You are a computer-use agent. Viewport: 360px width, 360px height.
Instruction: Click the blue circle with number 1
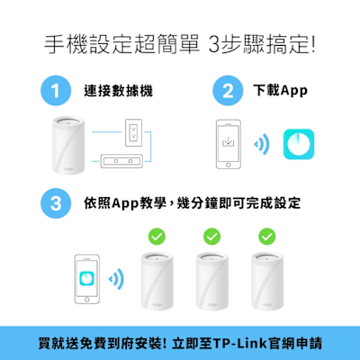tap(56, 91)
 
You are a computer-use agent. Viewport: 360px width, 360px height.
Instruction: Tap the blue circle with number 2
tap(228, 91)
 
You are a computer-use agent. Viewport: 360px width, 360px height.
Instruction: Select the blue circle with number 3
tap(56, 203)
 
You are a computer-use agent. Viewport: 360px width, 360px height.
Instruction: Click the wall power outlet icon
tap(133, 132)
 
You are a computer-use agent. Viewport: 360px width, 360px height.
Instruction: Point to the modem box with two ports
tap(121, 161)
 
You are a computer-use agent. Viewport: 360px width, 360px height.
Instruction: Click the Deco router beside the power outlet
tap(68, 145)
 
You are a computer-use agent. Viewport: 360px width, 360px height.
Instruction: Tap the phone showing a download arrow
tap(229, 144)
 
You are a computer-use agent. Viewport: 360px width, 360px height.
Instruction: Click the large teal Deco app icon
tap(299, 144)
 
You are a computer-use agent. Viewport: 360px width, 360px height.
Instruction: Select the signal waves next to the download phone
tap(262, 144)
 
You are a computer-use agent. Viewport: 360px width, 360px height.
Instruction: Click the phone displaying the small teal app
tap(87, 279)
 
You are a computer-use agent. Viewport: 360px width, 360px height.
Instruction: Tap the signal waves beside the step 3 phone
tap(116, 279)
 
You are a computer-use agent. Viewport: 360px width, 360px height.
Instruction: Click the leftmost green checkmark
tap(157, 237)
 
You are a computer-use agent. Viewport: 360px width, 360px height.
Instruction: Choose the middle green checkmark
tap(211, 237)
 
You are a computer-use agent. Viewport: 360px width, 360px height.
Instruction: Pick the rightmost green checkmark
tap(267, 237)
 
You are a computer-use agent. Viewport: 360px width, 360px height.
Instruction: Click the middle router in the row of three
tap(212, 282)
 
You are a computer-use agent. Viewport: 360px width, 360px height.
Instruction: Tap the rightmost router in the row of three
tap(267, 282)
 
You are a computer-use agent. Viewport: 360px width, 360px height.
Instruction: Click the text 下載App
tap(281, 91)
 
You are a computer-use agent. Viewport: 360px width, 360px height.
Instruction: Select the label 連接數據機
tap(119, 91)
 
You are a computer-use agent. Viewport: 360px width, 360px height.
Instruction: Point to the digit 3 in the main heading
tap(214, 45)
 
